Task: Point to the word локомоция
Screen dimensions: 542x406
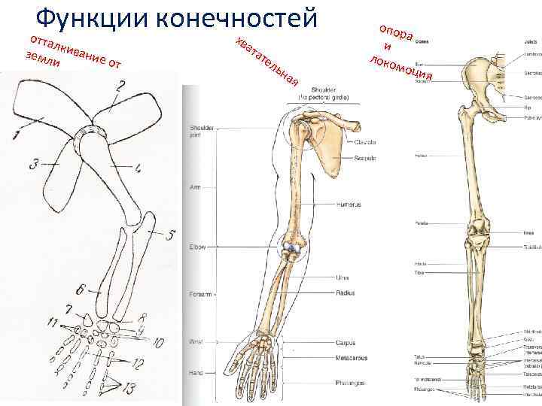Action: pos(398,67)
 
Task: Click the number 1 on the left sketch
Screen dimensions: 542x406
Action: pos(16,135)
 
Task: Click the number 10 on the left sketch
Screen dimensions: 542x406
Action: pos(157,344)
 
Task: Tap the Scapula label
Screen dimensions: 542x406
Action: pos(346,158)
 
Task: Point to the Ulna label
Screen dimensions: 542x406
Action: pos(343,278)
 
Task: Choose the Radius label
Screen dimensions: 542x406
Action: pos(346,292)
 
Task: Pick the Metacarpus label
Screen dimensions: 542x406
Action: pos(351,357)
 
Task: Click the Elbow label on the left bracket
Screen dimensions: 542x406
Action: pos(198,247)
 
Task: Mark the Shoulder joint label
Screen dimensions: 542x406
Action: pos(201,131)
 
